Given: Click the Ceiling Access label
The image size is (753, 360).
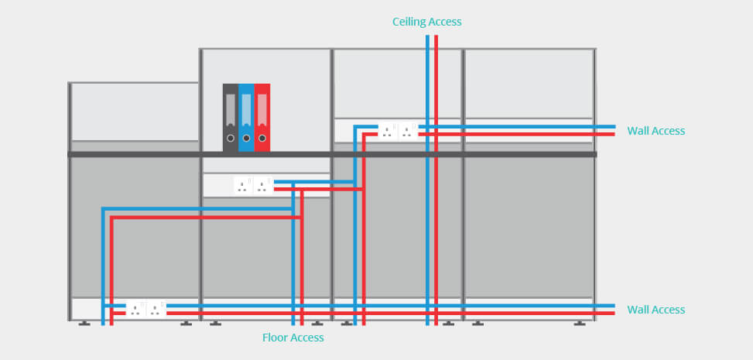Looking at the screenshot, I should point(426,22).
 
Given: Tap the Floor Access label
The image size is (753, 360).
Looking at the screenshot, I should point(293,338).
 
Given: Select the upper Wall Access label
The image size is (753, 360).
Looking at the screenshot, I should point(655,131).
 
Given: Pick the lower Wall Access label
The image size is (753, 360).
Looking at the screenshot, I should point(655,310).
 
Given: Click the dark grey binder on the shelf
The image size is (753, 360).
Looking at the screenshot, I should point(230,118).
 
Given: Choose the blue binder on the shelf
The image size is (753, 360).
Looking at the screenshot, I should point(246,118).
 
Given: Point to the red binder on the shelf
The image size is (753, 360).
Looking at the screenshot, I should point(262,118).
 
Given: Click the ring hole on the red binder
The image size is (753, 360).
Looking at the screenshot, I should point(262,139).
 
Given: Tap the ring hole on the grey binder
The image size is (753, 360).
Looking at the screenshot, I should point(230,139).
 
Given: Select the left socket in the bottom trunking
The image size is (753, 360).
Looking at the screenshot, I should point(136,310).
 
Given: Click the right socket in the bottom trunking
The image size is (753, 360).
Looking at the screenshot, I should point(156,310).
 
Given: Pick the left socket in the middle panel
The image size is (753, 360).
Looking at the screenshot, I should point(243,186).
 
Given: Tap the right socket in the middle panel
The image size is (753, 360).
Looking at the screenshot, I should point(263,186).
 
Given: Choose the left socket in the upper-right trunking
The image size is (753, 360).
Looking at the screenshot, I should point(387,131).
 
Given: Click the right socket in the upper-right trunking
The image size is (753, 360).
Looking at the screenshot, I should point(407,131).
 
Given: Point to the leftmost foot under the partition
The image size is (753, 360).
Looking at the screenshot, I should point(84,323).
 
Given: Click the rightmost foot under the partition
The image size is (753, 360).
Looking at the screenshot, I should point(580,323).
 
